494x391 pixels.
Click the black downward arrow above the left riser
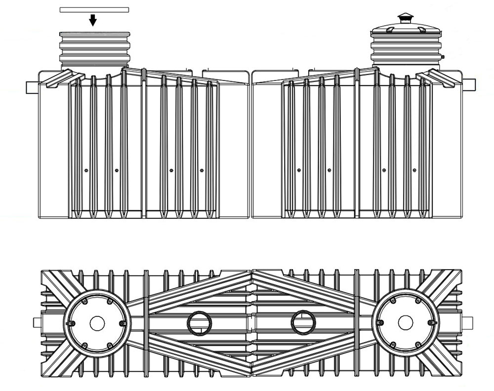click(x=93, y=20)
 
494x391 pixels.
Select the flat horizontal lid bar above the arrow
click(x=94, y=9)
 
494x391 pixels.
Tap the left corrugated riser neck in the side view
click(x=94, y=49)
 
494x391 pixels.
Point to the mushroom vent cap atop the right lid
click(x=406, y=18)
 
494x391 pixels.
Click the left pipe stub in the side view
click(x=32, y=86)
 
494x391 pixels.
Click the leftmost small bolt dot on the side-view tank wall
click(x=86, y=170)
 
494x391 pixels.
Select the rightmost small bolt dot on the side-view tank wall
click(x=414, y=170)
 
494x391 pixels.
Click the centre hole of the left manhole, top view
click(x=97, y=323)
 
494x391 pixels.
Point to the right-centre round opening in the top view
click(x=303, y=323)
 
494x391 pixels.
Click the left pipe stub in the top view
click(x=37, y=323)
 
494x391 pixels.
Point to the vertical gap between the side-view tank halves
click(x=250, y=143)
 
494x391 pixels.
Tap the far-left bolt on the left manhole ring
click(x=71, y=323)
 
